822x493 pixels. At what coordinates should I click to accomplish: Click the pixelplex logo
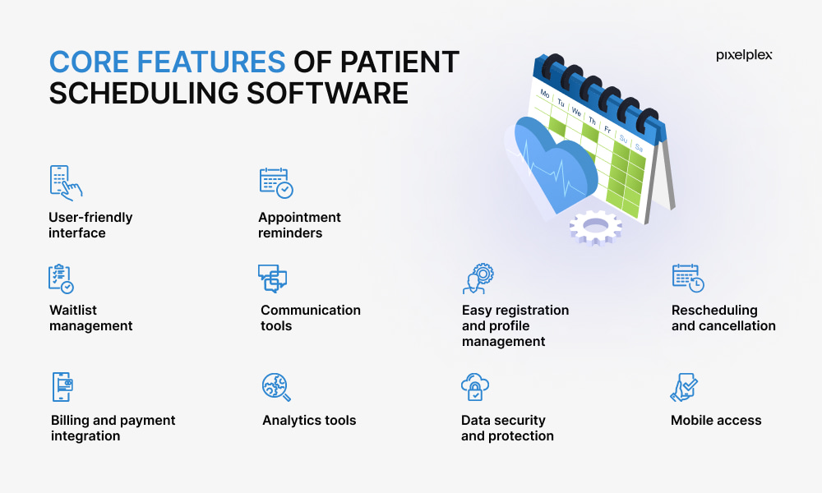coord(744,56)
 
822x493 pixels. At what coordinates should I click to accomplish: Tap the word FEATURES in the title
coord(211,62)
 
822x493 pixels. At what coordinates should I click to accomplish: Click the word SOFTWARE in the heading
coord(327,93)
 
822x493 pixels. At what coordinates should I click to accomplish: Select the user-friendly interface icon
coord(66,183)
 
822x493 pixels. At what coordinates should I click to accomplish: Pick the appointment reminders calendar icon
coord(276,183)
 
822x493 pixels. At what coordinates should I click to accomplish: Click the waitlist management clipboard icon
coord(61,279)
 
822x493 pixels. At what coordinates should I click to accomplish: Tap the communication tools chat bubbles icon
coord(273,279)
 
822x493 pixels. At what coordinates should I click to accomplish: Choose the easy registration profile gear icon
coord(478,279)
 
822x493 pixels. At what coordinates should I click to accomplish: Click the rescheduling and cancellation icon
coord(688,278)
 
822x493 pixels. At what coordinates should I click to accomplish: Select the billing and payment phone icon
coord(62,387)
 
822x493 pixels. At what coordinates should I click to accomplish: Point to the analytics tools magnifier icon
coord(276,387)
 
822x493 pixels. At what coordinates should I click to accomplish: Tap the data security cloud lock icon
coord(475,387)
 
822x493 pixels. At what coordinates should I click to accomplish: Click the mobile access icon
coord(684,387)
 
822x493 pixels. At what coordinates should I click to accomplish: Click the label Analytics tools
coord(309,420)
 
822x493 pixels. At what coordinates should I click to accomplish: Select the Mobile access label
coord(716,420)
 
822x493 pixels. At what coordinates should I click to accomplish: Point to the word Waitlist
coord(73,310)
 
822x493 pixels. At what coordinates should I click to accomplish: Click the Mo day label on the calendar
coord(545,94)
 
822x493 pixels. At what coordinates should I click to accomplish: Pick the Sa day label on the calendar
coord(639,148)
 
